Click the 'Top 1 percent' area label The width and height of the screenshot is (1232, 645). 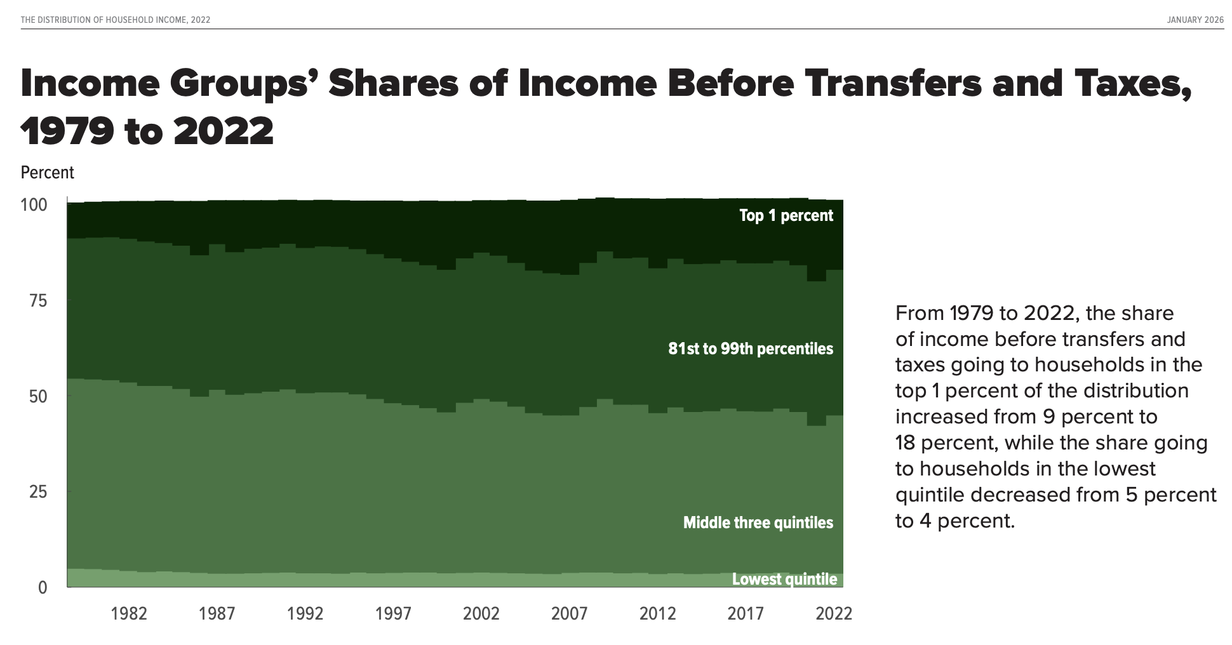(786, 216)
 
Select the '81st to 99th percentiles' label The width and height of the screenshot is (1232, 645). (750, 349)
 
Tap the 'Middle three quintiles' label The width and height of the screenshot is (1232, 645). (758, 523)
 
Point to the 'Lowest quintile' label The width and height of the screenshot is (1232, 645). (784, 579)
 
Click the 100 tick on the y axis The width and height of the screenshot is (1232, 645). (34, 205)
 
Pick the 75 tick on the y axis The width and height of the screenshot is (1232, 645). (38, 301)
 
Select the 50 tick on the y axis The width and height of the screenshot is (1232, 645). (38, 397)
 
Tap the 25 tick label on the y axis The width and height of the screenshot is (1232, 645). (38, 492)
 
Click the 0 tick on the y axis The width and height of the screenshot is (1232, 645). (43, 588)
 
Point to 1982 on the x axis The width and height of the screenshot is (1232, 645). (129, 614)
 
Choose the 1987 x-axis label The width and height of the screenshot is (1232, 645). (217, 614)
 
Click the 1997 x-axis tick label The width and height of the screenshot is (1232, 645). (393, 614)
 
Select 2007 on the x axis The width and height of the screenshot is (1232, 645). (569, 614)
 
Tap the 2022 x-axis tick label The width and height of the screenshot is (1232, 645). (833, 614)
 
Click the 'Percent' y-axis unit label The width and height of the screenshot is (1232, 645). (48, 173)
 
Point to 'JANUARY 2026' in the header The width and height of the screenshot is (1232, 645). (1195, 20)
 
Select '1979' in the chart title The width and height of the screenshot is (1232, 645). (67, 132)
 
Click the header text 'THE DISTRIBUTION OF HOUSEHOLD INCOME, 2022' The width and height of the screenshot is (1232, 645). (116, 20)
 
